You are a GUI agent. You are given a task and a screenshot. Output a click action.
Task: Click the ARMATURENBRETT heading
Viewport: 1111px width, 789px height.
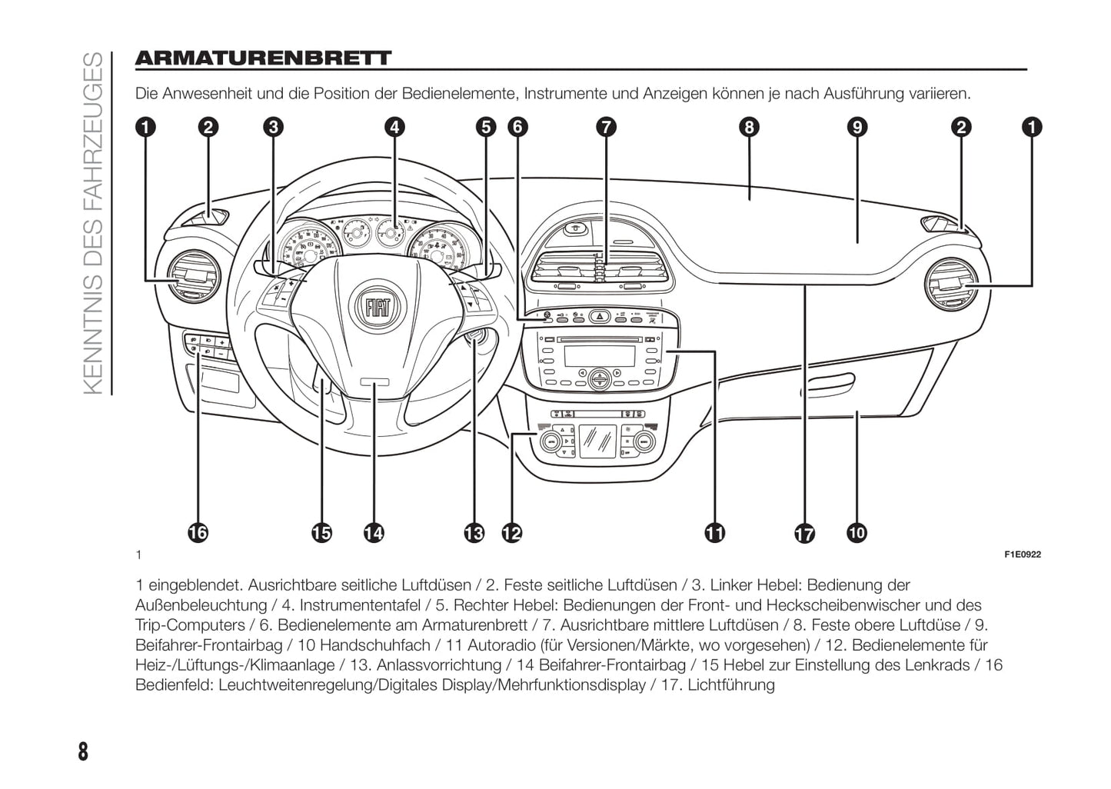(263, 58)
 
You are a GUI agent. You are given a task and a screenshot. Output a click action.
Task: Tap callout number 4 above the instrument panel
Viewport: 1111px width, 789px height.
(394, 127)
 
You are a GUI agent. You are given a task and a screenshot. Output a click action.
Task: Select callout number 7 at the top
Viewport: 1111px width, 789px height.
(606, 127)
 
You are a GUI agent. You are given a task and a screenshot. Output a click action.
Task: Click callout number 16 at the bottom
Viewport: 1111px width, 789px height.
(198, 532)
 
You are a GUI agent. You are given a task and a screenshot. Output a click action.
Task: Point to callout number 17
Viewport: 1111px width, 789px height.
(804, 534)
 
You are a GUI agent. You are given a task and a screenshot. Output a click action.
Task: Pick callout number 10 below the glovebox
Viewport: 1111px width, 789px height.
(857, 532)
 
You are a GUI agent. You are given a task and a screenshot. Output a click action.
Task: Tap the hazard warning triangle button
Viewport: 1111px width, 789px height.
(600, 315)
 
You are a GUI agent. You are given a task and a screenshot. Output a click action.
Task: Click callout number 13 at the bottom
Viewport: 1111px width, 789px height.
(474, 532)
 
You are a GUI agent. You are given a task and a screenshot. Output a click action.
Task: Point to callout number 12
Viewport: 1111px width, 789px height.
(511, 532)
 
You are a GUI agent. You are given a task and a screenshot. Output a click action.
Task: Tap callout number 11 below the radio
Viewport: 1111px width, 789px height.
(714, 532)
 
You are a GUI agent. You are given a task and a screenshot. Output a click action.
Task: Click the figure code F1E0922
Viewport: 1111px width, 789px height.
(1023, 554)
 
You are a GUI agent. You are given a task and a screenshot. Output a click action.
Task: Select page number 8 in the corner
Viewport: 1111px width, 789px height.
(83, 751)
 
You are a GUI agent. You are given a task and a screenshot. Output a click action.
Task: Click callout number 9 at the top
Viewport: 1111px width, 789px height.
(857, 127)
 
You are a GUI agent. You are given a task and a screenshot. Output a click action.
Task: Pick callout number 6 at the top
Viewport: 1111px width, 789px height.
(518, 127)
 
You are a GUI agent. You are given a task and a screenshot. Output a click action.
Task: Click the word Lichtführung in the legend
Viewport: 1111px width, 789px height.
(731, 684)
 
